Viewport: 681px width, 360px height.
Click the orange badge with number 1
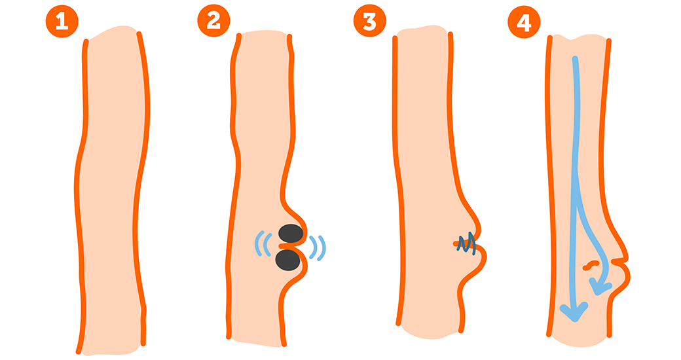[x=62, y=22]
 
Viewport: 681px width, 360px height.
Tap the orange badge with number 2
[x=213, y=20]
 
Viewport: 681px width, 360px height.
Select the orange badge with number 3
[x=369, y=20]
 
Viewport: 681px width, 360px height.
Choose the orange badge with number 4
[x=525, y=22]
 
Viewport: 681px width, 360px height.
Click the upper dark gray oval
[x=291, y=234]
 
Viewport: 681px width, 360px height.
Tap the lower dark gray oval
[x=287, y=260]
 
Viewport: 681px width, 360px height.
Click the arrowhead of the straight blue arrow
[x=574, y=312]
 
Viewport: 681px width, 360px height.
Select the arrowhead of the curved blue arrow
[x=599, y=287]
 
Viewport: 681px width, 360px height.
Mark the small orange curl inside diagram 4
[x=591, y=264]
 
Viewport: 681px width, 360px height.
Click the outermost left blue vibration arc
[x=257, y=243]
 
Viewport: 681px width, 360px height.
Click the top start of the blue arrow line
[x=575, y=59]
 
